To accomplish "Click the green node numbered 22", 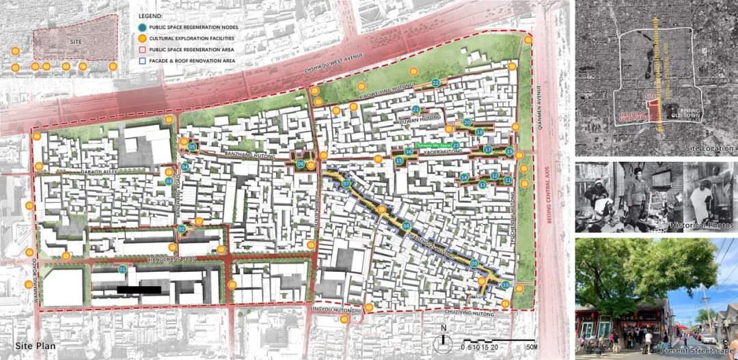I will tap(436, 83).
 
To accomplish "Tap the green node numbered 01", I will tap(123, 270).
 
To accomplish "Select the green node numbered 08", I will tap(407, 226).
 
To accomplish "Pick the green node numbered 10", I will tap(506, 285).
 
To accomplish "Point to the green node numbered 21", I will tap(416, 109).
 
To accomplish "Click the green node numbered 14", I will tap(464, 178).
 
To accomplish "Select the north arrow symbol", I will tap(443, 335).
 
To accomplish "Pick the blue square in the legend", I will tap(141, 61).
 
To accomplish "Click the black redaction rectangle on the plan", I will tap(139, 290).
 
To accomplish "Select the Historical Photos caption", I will tap(702, 225).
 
